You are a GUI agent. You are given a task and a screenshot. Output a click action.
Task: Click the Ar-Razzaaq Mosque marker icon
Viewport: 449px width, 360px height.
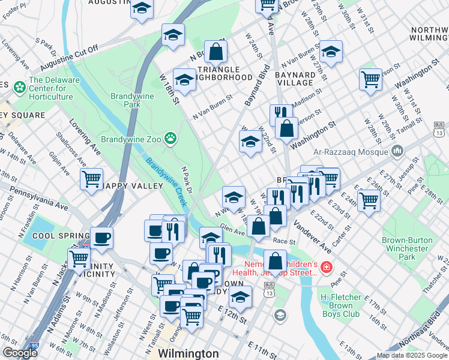[396, 150]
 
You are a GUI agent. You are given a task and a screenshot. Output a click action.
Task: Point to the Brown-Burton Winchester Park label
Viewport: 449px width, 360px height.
[407, 248]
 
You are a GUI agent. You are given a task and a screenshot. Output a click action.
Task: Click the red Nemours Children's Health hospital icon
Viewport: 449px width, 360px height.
[326, 267]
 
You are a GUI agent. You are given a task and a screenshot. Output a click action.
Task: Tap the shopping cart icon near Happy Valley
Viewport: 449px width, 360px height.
[91, 179]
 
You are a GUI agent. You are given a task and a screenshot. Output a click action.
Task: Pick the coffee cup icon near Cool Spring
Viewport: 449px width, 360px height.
[101, 238]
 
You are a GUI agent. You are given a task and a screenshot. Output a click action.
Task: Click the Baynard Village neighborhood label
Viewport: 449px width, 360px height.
[295, 78]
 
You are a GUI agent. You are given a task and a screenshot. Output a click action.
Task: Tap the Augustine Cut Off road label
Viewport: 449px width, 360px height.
[69, 59]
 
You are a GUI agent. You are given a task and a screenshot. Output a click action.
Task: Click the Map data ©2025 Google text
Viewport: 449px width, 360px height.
[411, 355]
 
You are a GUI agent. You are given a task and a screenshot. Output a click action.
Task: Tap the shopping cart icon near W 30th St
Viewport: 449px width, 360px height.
[370, 79]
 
